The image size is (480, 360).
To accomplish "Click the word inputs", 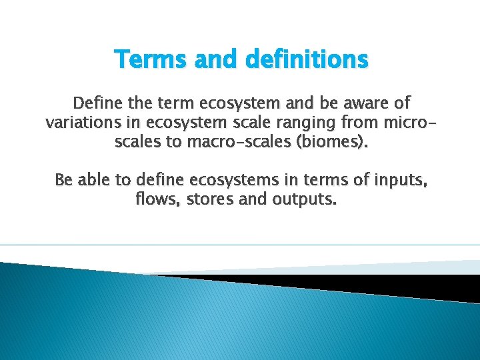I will (x=400, y=180).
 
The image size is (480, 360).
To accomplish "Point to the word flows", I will (x=154, y=199).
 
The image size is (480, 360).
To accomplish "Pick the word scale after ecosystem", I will (x=270, y=123).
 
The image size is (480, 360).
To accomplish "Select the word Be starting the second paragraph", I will (x=64, y=180).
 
